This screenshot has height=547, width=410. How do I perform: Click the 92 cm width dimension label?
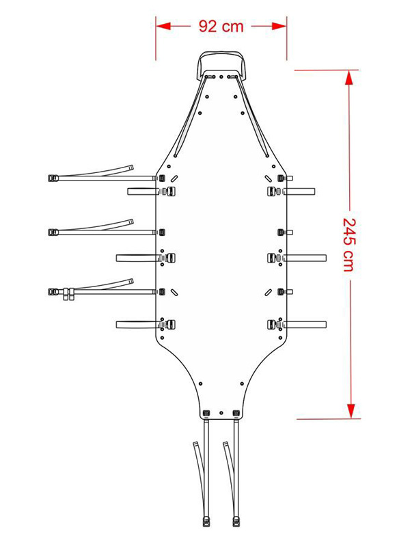click(x=221, y=27)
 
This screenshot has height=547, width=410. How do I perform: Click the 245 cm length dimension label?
click(x=349, y=245)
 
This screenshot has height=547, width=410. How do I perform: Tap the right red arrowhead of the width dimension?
click(x=279, y=26)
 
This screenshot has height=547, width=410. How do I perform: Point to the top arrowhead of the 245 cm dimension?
click(x=351, y=77)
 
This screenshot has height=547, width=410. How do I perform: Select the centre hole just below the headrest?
click(x=221, y=77)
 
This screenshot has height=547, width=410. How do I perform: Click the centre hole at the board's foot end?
click(x=221, y=413)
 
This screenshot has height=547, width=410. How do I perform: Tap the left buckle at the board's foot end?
click(x=206, y=413)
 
